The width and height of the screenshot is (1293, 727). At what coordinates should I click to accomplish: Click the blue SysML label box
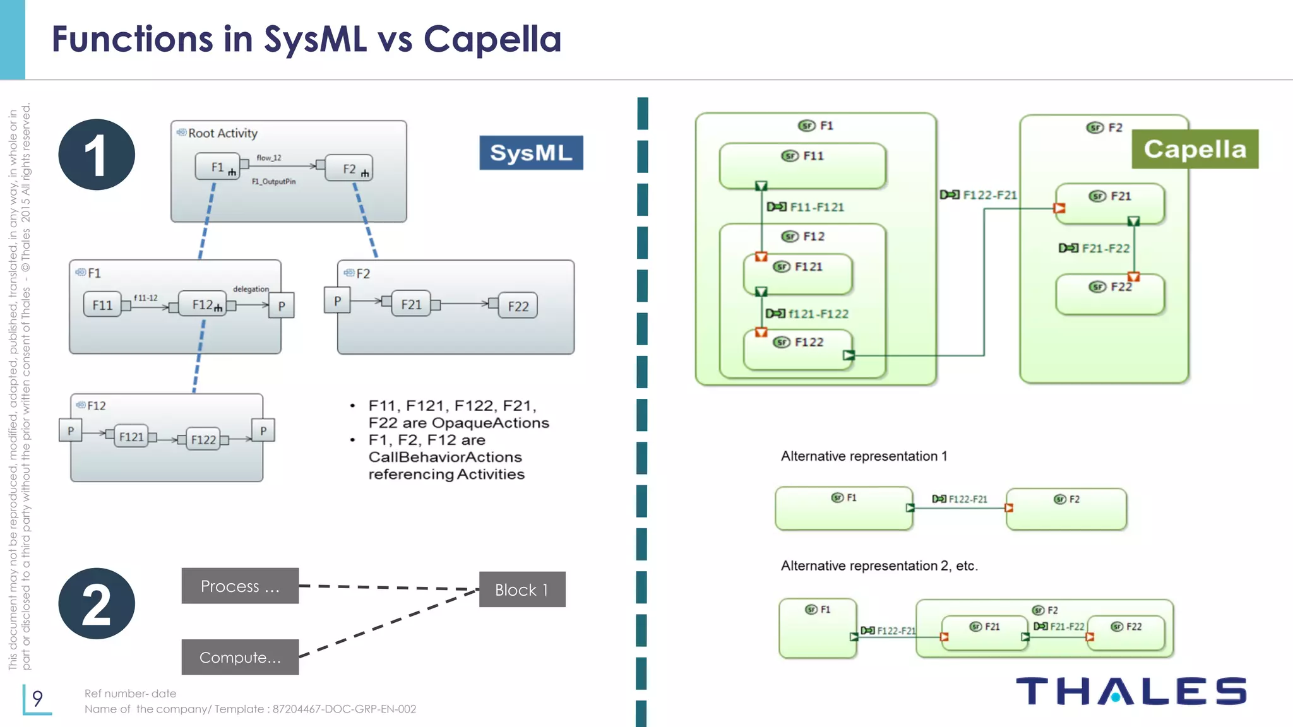(531, 153)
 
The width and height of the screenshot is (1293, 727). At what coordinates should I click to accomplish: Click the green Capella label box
(1195, 149)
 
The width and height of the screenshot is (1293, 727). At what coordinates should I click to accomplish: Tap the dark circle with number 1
(96, 155)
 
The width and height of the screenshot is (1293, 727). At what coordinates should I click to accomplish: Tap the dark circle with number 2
(96, 603)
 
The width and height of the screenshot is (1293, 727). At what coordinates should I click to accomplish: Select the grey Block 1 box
(521, 589)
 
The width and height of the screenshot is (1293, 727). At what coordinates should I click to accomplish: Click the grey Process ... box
(240, 586)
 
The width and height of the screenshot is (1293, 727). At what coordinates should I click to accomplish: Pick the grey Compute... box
(240, 657)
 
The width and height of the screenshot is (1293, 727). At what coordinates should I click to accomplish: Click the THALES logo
(1131, 691)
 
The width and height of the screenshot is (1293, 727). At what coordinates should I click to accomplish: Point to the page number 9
(37, 698)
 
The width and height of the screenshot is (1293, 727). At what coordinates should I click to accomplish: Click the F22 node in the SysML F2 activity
(518, 306)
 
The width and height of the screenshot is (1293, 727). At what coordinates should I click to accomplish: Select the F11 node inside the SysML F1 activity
(102, 305)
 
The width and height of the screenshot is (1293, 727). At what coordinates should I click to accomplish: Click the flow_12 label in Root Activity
(268, 158)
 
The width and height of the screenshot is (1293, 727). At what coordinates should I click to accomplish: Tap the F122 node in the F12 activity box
(203, 439)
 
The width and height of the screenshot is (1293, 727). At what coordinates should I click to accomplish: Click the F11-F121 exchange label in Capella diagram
(816, 207)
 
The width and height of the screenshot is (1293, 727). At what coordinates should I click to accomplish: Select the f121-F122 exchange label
(818, 314)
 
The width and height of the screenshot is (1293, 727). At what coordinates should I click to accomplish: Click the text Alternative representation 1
(864, 456)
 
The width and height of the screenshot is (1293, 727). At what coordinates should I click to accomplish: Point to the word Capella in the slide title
(492, 39)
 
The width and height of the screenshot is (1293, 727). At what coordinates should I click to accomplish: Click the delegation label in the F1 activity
(251, 289)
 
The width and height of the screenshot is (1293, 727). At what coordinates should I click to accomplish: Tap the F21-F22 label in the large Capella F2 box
(1105, 249)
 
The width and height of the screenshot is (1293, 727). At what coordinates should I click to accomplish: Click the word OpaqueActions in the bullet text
(490, 423)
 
